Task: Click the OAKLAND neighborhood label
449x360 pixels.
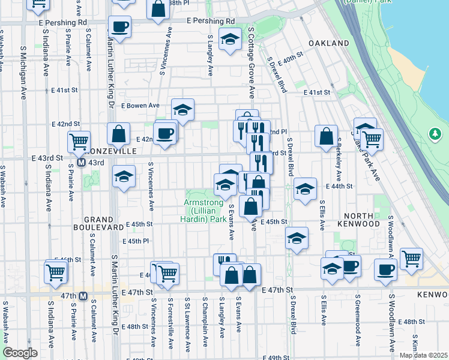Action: point(328,44)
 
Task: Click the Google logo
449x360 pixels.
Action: point(19,353)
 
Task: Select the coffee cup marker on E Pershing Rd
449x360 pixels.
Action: point(119,27)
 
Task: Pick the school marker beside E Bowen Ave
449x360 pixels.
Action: point(182,110)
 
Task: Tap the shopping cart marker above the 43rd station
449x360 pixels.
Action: point(79,142)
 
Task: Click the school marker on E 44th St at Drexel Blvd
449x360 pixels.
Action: point(305,189)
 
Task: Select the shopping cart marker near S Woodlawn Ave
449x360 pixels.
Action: point(411,259)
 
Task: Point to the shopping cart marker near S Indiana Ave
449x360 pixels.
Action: point(55,272)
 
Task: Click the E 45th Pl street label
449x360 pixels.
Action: point(135,241)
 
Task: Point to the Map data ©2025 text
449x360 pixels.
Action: point(423,355)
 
